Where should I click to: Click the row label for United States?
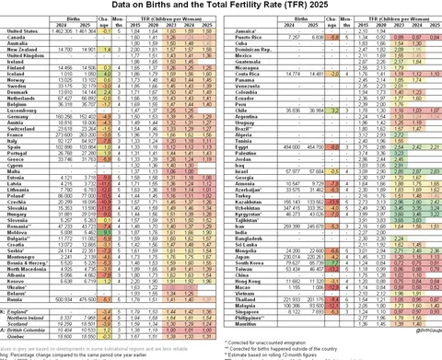point(19,30)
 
